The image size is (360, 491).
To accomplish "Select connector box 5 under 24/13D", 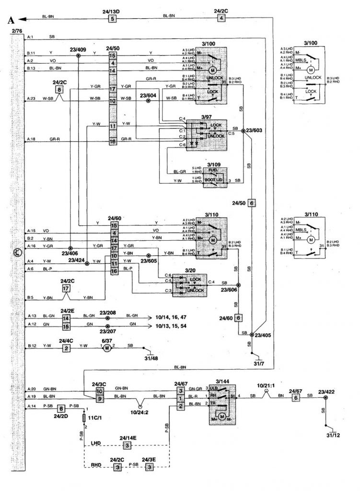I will click(113, 19).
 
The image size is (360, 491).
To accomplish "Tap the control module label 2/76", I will click(17, 31).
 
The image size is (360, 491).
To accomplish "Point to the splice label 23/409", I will click(78, 48).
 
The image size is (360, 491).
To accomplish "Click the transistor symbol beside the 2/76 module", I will click(17, 252).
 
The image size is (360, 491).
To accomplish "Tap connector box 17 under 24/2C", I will click(66, 289).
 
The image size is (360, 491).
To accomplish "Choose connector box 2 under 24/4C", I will click(66, 348).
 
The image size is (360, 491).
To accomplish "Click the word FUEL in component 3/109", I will click(214, 170).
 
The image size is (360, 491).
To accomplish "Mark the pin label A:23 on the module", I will click(31, 99).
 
